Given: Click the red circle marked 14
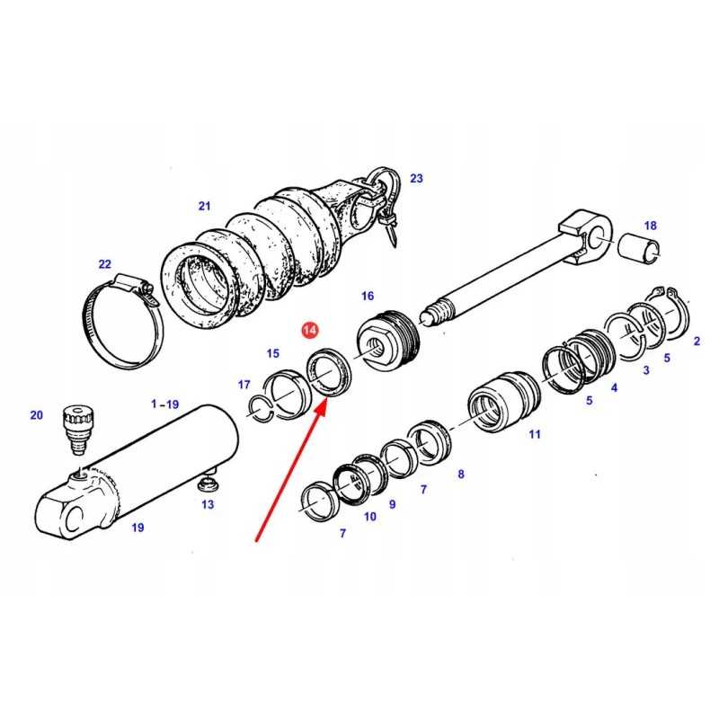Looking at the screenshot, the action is [x=310, y=330].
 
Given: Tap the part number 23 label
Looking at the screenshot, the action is [x=416, y=178].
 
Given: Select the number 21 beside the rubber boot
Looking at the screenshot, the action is [x=204, y=207].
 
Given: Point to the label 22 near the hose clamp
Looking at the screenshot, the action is [x=104, y=264].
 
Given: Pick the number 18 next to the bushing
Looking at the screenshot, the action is [x=650, y=226].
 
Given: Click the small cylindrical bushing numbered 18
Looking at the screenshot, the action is [x=639, y=248].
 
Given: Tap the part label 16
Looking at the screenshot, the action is [x=368, y=297].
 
